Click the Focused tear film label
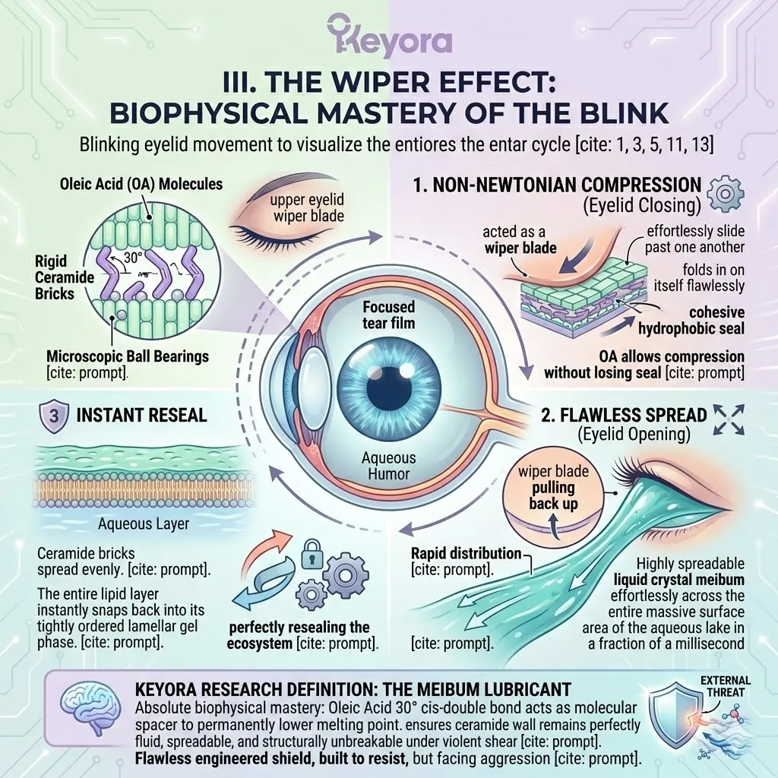pyautogui.click(x=388, y=316)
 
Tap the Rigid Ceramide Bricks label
pyautogui.click(x=64, y=277)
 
